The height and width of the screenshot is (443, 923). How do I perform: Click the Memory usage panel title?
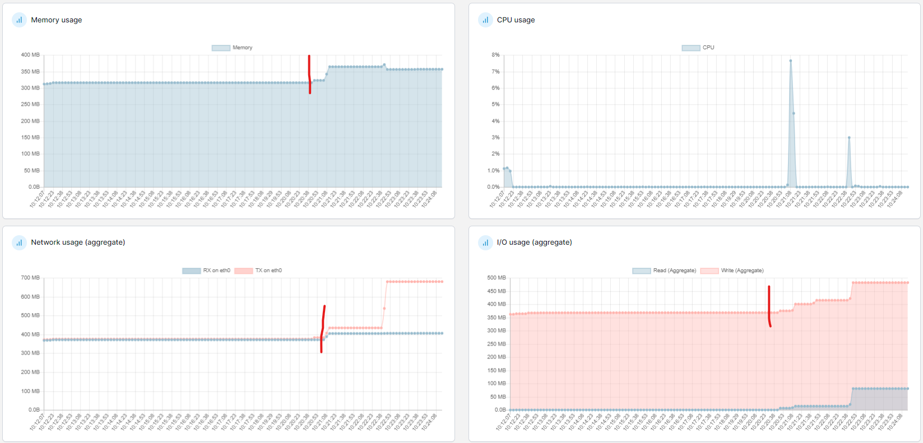pos(56,20)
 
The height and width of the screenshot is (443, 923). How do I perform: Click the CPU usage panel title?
pos(516,20)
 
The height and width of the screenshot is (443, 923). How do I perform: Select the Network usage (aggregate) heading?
pos(78,243)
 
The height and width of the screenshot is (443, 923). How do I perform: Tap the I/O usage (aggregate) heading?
pos(534,243)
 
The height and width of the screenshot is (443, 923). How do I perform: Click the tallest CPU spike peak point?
pos(790,60)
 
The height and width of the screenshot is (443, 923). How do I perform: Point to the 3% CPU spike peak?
pos(849,137)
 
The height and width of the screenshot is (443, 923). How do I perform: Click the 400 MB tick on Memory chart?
pos(30,55)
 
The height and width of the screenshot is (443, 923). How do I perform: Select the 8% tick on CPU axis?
pos(495,55)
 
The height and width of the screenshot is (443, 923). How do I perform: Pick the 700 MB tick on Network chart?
pos(30,278)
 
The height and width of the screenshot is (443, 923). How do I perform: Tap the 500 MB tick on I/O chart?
pos(496,278)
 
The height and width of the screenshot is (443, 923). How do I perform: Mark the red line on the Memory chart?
pos(309,74)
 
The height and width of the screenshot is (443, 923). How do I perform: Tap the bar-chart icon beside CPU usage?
pos(485,20)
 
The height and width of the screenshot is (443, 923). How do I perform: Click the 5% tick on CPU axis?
pos(495,104)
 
